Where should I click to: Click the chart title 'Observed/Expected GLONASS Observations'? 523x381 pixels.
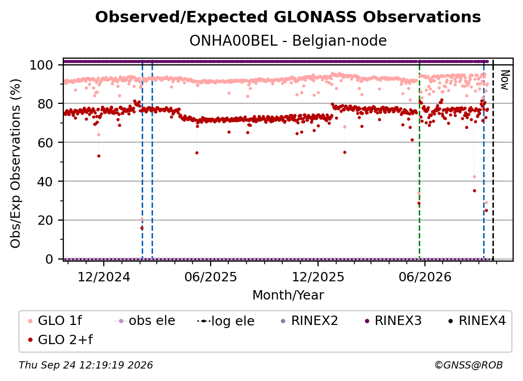click(288, 17)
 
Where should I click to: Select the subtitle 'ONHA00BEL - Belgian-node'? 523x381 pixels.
click(288, 40)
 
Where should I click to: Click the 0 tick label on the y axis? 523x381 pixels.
click(49, 259)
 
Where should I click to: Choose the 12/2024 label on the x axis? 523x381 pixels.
click(104, 277)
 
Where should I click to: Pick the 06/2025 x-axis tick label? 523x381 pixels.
click(211, 277)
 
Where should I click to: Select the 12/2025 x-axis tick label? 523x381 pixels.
click(318, 277)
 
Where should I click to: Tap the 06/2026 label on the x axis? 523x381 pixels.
click(424, 277)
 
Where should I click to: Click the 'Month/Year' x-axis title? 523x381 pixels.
click(288, 295)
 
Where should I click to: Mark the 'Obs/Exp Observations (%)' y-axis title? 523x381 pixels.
click(16, 164)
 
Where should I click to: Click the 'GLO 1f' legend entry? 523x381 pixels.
click(56, 321)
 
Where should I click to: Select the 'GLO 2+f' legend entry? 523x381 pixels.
click(61, 339)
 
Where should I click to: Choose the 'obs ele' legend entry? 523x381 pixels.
click(145, 321)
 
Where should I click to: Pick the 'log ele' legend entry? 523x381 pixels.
click(226, 321)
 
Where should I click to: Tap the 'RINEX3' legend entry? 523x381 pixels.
click(393, 321)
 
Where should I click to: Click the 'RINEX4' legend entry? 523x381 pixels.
click(477, 321)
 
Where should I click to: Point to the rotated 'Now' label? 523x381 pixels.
click(505, 80)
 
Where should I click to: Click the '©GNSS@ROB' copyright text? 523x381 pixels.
click(469, 365)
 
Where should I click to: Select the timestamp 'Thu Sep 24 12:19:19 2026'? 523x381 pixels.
click(86, 365)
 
